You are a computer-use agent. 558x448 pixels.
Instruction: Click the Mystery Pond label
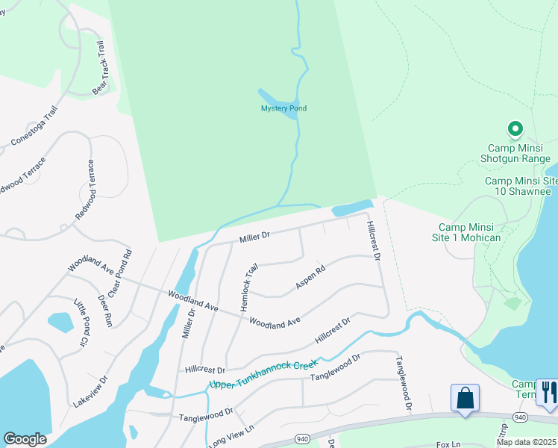[x=283, y=109]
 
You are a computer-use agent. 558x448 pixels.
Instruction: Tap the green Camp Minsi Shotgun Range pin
[x=515, y=131]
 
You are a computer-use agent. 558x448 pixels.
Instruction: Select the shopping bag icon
[x=465, y=397]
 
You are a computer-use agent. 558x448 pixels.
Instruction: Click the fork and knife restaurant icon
[x=549, y=393]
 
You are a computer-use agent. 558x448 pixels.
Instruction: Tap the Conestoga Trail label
[x=34, y=126]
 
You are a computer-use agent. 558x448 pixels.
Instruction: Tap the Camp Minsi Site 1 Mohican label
[x=469, y=232]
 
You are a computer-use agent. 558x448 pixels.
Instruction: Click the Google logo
[x=25, y=438]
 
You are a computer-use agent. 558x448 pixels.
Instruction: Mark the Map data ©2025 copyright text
[x=526, y=442]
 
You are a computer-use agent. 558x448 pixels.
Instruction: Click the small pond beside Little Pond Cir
[x=60, y=322]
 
